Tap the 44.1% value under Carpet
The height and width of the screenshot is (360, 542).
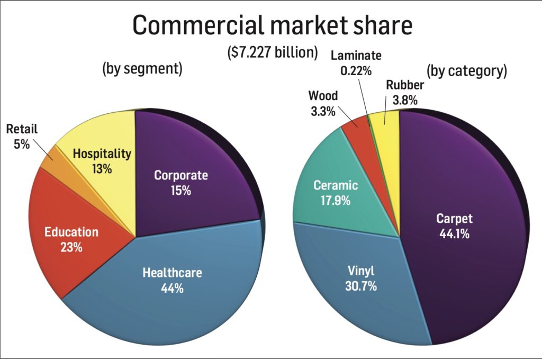pos(454,233)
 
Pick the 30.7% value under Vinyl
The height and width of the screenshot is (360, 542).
pos(362,287)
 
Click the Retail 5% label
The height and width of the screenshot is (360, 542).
pos(22,136)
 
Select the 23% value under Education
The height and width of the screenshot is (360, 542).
pos(71,247)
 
